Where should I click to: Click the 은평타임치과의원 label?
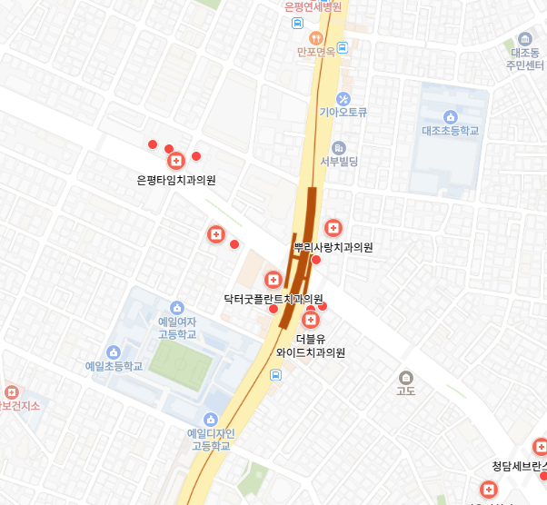pos(176,180)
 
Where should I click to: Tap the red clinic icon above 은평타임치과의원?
pos(175,161)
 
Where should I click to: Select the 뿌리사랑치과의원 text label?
pos(333,247)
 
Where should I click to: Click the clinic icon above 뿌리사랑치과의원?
pos(333,227)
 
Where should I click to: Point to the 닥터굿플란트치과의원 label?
pos(273,298)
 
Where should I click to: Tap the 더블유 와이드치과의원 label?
pos(311,345)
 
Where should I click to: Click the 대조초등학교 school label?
pos(450,131)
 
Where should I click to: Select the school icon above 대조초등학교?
pos(450,115)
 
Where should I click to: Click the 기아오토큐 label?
pos(343,113)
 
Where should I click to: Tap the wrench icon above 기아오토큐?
pos(343,98)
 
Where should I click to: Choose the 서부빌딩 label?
pos(339,162)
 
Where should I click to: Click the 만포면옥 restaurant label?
pos(316,52)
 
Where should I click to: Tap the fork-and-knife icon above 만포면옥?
pos(316,37)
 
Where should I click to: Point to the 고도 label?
pos(406,391)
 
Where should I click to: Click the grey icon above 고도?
pos(406,377)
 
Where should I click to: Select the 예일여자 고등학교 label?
pos(177,328)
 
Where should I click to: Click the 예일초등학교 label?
pos(114,367)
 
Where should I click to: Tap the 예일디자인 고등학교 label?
pos(211,439)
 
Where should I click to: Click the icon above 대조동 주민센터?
pos(524,39)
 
